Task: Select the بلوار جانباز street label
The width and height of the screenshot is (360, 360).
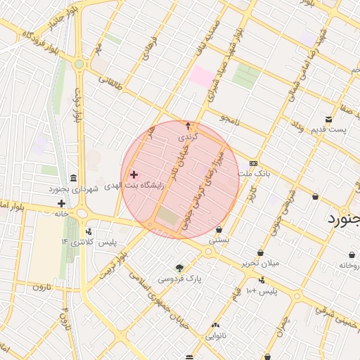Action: pyautogui.click(x=60, y=19)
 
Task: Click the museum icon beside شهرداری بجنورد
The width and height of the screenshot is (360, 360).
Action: pyautogui.click(x=74, y=176)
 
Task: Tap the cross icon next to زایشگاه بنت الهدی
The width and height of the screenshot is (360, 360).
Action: pyautogui.click(x=134, y=174)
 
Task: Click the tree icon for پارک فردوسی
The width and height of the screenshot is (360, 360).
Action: pyautogui.click(x=179, y=268)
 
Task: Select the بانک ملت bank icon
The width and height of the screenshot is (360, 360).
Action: pyautogui.click(x=253, y=162)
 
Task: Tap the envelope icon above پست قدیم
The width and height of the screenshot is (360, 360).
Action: pyautogui.click(x=328, y=119)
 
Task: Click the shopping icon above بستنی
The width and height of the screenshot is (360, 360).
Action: pyautogui.click(x=219, y=229)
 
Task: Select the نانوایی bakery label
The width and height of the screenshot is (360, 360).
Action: pyautogui.click(x=216, y=335)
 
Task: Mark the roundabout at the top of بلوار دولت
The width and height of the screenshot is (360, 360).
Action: pyautogui.click(x=79, y=64)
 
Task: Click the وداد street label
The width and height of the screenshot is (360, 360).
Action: pyautogui.click(x=296, y=127)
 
